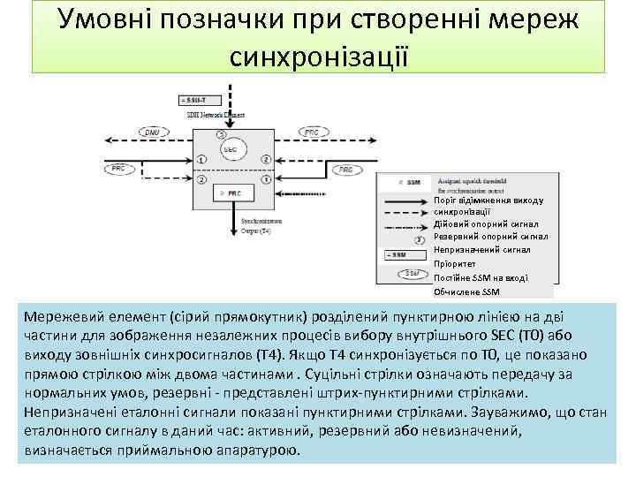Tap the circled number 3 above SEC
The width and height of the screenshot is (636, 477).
pos(223,133)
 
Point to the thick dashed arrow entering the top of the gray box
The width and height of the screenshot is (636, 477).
pos(231,102)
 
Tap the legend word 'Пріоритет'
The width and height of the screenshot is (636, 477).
pos(455,263)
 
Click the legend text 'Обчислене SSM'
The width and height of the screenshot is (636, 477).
pos(466,291)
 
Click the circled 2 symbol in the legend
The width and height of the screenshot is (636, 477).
pos(408,239)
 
